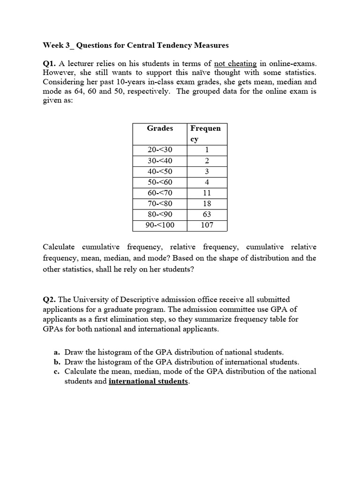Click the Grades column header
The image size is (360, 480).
point(160,128)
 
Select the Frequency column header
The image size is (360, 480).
point(205,134)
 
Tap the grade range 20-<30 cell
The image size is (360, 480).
point(160,150)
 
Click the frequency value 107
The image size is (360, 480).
point(207,225)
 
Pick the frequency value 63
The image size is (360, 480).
point(207,214)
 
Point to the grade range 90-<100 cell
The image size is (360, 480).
point(160,225)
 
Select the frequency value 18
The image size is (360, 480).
point(207,203)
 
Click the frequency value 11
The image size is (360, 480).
point(207,193)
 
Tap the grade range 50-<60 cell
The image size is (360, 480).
point(160,182)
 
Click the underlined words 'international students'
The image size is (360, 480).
point(148,381)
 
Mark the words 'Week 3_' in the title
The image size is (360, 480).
point(58,45)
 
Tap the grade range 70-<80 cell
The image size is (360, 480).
point(160,203)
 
